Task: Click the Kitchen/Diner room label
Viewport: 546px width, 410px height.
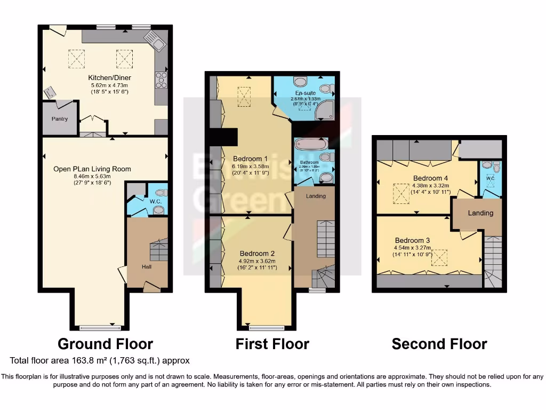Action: tap(110, 78)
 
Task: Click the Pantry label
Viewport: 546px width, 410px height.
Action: tap(60, 119)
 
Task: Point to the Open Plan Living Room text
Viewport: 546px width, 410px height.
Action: tap(92, 169)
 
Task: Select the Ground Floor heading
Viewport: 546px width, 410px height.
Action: tap(105, 344)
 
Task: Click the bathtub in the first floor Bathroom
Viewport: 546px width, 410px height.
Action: tap(308, 145)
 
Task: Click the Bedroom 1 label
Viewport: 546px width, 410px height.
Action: tap(250, 159)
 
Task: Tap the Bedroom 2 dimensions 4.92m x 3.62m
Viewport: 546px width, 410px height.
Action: tap(257, 261)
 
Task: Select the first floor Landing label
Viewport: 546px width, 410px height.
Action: tap(316, 196)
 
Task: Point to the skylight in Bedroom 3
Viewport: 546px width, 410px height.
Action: tap(438, 258)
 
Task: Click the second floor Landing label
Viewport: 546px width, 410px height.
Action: tap(480, 213)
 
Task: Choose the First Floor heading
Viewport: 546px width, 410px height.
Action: tap(272, 344)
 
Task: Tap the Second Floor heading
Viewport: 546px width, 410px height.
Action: tap(439, 344)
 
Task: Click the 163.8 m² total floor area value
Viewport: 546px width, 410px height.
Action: tap(82, 361)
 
